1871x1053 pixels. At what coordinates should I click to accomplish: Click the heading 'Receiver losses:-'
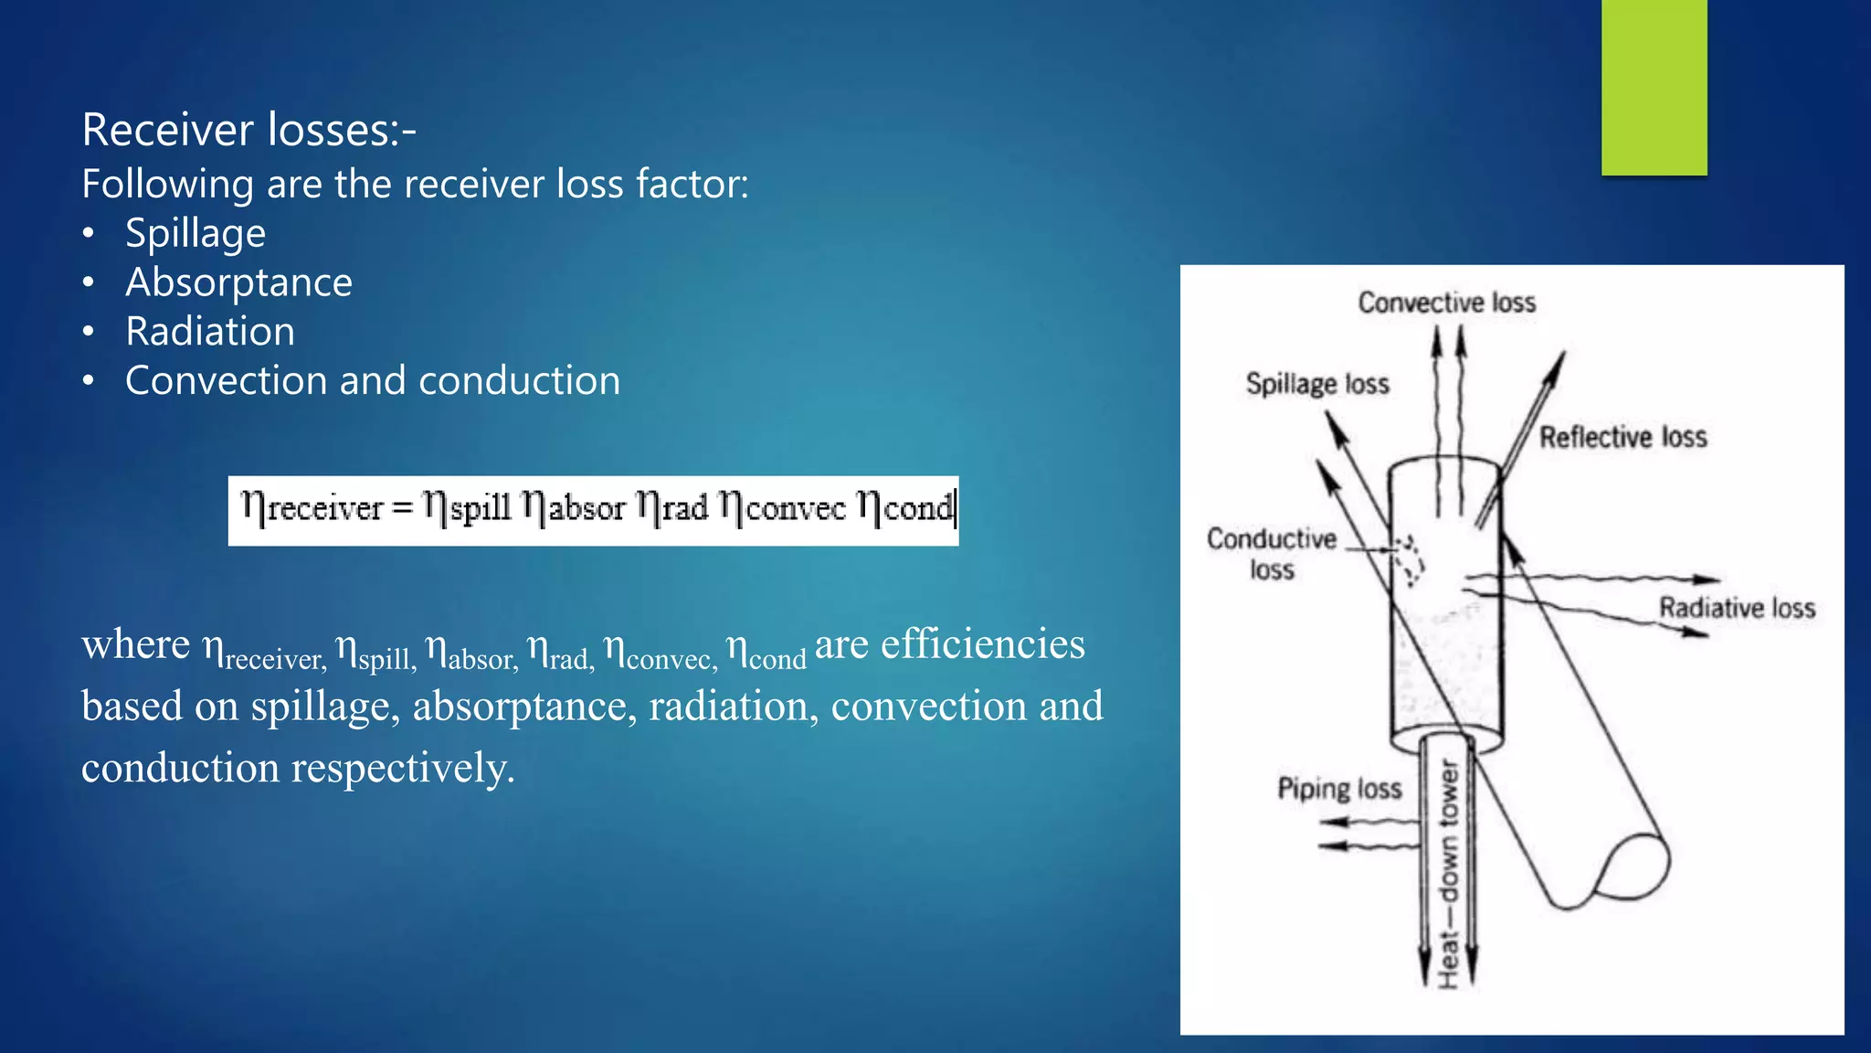(248, 130)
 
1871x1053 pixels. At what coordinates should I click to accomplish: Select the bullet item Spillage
(195, 233)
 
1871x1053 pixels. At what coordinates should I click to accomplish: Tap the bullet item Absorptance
(238, 282)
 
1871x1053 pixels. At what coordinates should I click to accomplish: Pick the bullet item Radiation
(210, 331)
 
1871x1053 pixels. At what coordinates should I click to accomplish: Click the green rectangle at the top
(1654, 87)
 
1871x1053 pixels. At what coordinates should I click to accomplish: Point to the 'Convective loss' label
(1446, 303)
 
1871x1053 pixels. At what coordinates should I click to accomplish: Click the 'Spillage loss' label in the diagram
(1317, 384)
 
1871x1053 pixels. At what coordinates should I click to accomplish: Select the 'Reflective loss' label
(1623, 437)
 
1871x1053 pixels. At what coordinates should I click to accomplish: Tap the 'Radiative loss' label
(1736, 608)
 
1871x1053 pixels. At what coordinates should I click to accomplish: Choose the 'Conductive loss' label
(1271, 554)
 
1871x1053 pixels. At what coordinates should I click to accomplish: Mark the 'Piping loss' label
(1338, 789)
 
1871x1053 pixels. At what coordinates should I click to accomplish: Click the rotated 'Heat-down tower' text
(1448, 873)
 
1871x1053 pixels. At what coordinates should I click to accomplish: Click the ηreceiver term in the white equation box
(312, 507)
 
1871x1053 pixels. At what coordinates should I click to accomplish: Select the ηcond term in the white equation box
(904, 507)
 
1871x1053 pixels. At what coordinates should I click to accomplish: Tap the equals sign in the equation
(403, 508)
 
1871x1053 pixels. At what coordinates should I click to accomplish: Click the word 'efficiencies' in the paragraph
(982, 644)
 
